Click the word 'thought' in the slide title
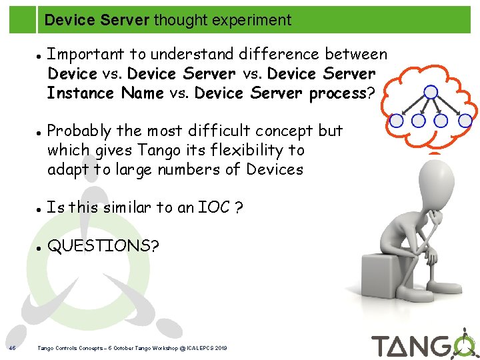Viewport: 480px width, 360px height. pyautogui.click(x=178, y=20)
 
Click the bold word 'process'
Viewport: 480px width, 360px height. pyautogui.click(x=338, y=93)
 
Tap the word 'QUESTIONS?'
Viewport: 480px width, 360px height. pyautogui.click(x=103, y=246)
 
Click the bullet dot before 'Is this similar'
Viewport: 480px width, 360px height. pyautogui.click(x=40, y=209)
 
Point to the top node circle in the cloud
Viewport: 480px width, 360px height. pyautogui.click(x=431, y=93)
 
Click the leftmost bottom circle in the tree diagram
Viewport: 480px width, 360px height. pyautogui.click(x=397, y=121)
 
